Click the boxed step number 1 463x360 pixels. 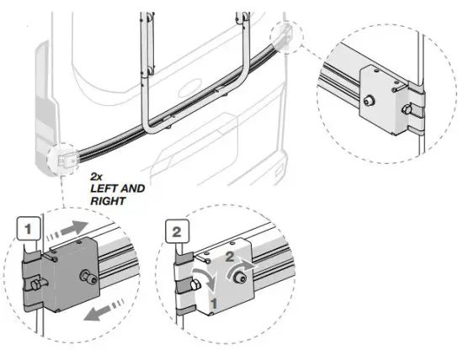[x=28, y=229]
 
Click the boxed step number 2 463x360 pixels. [x=177, y=231]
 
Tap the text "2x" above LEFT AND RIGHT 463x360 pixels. [x=96, y=177]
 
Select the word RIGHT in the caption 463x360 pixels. [x=108, y=201]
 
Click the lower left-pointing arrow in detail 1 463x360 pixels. [x=104, y=310]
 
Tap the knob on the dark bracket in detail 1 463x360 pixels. [x=88, y=277]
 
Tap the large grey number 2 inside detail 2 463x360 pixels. [x=230, y=257]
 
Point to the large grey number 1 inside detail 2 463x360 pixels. [x=214, y=304]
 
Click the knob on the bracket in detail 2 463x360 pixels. [x=239, y=278]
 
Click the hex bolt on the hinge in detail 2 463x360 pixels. [x=195, y=284]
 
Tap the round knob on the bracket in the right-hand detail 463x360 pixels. [x=369, y=101]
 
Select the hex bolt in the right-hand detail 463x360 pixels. [x=407, y=110]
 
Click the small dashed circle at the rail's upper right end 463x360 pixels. [x=286, y=37]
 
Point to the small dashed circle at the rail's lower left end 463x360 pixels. [x=63, y=159]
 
